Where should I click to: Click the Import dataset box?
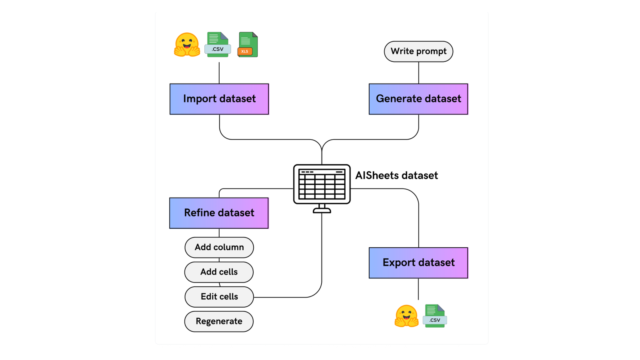219,99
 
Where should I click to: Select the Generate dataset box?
418,99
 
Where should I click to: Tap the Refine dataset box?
219,213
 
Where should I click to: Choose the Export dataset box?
418,263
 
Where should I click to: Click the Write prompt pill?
418,51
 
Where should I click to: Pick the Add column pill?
219,247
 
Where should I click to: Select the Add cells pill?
219,272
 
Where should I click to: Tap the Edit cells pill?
219,297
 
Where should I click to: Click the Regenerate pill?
219,321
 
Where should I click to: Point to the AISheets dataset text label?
396,176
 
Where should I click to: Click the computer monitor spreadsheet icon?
322,184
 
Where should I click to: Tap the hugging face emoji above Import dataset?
187,45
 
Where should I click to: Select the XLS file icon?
248,44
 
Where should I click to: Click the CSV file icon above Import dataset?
218,44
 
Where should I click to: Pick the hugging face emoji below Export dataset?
406,316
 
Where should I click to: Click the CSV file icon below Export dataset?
435,316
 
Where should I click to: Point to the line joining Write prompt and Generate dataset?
418,73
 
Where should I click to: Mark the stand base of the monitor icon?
322,211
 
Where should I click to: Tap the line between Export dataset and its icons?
418,289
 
